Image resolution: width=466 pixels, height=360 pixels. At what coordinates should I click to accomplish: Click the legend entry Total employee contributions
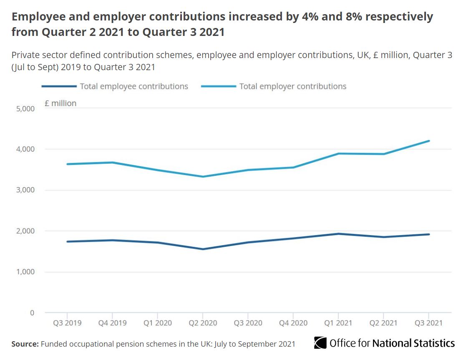coord(134,86)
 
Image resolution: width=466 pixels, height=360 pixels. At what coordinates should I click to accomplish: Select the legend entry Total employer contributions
coord(292,86)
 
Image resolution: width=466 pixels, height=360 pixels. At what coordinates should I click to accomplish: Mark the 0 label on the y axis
coord(32,313)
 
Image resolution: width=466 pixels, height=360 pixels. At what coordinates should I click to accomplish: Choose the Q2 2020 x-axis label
coord(203,323)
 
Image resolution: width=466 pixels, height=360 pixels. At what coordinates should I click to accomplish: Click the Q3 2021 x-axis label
coord(428,323)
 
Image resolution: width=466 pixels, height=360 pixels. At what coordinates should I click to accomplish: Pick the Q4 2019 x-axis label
coord(112,323)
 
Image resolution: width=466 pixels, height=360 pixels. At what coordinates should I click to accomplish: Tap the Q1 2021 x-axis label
coord(338,323)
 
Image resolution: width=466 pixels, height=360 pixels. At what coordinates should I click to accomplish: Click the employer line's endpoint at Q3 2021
coord(429,141)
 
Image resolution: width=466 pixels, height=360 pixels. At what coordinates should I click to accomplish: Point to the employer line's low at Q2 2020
coord(203,177)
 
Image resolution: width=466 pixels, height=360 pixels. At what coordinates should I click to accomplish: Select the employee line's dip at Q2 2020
coord(203,249)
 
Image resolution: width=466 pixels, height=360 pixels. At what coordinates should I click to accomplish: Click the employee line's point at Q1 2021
coord(338,234)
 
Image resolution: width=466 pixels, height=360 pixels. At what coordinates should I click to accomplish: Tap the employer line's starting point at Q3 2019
coord(67,164)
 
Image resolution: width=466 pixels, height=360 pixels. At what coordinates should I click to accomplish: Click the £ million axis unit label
coord(60,103)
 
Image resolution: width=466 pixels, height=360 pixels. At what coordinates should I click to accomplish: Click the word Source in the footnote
coord(25,344)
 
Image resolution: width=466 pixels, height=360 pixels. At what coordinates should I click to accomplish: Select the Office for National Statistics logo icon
coord(320,343)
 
